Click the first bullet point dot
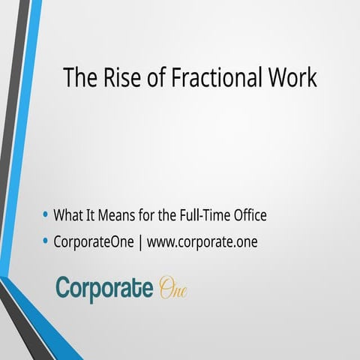(46, 215)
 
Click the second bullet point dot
(46, 242)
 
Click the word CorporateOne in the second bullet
(94, 243)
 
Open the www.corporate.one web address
(202, 243)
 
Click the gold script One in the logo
(172, 289)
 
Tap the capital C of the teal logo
(64, 288)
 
